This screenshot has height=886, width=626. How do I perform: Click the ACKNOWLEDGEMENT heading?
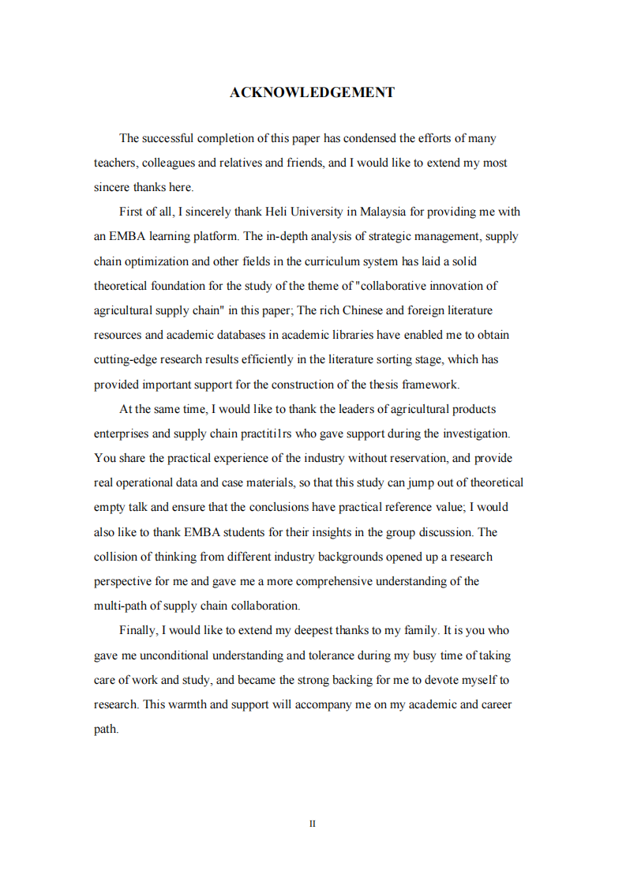312,92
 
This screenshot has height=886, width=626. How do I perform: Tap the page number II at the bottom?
313,824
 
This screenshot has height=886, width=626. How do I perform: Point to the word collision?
116,557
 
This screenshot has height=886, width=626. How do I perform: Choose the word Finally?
138,630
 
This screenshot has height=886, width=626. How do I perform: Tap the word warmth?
186,704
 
